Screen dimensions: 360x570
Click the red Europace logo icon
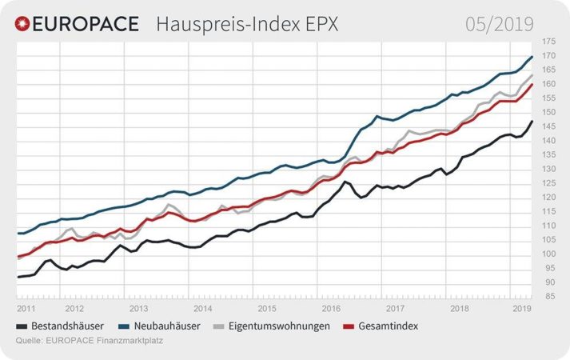click(25, 24)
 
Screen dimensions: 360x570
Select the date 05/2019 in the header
click(499, 24)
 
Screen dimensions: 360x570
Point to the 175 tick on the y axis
click(548, 42)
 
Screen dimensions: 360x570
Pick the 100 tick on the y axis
click(548, 254)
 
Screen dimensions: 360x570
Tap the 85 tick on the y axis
click(548, 297)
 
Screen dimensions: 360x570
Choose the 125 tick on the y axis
click(548, 183)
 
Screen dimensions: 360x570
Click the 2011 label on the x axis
click(26, 308)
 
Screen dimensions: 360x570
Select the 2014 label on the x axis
click(202, 308)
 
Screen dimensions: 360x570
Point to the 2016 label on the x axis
click(330, 308)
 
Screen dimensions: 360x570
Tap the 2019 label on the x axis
click(522, 308)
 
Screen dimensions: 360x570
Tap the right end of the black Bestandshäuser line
click(532, 122)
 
